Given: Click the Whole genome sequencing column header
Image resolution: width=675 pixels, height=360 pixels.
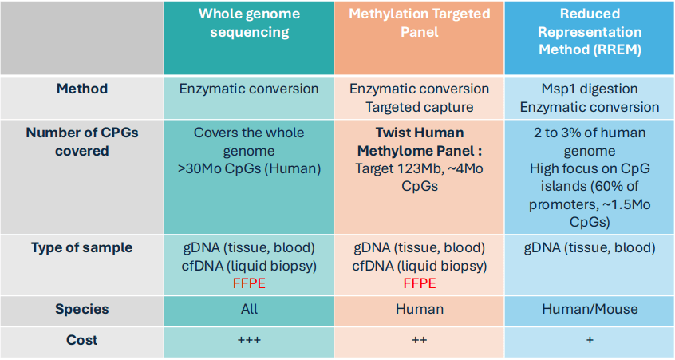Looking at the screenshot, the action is coord(249,23).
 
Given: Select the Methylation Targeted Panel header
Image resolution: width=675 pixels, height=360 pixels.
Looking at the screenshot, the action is coord(420,23).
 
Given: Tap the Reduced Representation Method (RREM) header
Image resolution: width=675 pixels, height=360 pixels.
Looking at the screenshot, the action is coord(590,31).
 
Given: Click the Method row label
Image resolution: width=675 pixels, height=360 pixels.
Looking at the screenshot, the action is coord(82,89).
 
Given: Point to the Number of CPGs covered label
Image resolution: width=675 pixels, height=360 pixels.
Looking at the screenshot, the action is coord(82,141).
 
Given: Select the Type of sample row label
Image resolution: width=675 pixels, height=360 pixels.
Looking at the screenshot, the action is coord(82,247).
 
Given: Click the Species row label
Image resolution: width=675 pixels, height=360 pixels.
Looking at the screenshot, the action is coord(82,309).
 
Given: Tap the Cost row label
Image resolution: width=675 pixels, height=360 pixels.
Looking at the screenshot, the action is coord(82,340).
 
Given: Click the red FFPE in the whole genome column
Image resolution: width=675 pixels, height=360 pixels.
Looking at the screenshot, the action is coord(249,283).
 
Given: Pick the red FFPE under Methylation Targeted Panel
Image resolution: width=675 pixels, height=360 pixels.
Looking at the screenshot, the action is coord(420,283).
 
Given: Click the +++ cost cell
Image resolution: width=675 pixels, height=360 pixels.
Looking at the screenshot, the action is coord(249,340).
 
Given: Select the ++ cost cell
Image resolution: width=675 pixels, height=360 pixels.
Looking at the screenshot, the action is coord(420,340).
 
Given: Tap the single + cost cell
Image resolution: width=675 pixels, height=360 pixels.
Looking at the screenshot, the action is coord(590,340).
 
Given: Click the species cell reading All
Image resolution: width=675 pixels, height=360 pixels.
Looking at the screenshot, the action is coord(249,309).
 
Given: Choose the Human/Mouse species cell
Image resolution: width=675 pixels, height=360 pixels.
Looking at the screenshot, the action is coord(590,309).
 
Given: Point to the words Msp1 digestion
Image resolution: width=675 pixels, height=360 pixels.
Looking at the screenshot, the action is coord(590,89).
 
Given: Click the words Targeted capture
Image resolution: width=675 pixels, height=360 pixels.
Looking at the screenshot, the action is coord(420,107).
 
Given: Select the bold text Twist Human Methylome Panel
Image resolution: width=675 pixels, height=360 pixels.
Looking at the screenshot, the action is coord(419,141).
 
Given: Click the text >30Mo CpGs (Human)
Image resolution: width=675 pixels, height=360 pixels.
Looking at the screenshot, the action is coord(249,168).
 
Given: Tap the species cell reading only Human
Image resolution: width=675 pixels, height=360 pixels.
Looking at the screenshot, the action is coord(420,309).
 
